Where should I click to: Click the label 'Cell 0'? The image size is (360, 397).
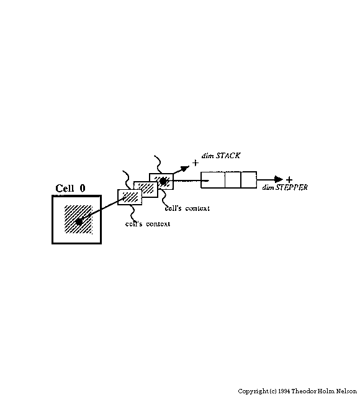[70, 188]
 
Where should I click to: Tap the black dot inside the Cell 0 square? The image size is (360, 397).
[79, 222]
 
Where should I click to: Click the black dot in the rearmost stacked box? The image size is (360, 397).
[163, 181]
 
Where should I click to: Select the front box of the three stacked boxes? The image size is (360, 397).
[130, 197]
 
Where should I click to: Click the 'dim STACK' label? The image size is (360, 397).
[221, 156]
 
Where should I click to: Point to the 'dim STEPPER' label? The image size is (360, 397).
[285, 187]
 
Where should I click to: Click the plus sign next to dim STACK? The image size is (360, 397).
[195, 163]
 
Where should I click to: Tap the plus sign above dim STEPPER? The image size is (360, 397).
[289, 179]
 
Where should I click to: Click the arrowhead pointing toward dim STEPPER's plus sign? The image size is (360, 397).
[279, 179]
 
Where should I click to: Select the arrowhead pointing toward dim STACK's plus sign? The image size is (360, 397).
[185, 168]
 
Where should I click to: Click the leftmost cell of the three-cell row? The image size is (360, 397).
[213, 180]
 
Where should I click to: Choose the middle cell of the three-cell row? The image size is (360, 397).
[233, 180]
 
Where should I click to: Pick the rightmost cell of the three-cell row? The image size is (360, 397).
[249, 180]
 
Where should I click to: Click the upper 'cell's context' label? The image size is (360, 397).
[187, 208]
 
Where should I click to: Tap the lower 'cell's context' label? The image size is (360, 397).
[148, 224]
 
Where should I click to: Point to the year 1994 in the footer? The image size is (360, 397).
[284, 391]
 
